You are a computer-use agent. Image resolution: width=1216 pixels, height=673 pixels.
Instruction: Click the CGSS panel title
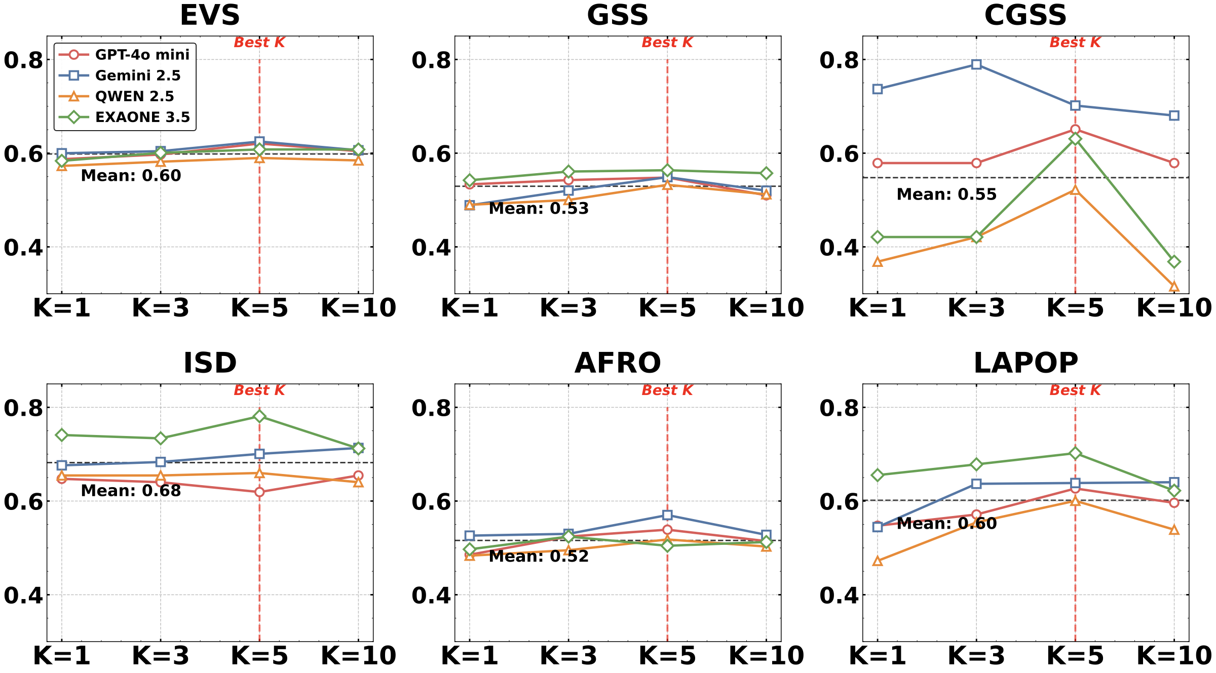point(1025,15)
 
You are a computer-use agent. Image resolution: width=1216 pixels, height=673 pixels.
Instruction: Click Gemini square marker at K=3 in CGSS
point(976,64)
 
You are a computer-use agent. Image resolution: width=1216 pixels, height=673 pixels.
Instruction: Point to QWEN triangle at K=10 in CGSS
point(1174,287)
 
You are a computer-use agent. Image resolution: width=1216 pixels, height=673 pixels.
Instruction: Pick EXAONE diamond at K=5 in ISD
point(259,416)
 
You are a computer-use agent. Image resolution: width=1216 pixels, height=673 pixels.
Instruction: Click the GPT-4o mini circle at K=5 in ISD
point(259,492)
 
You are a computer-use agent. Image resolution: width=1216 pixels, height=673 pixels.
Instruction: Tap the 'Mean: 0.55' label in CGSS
point(946,194)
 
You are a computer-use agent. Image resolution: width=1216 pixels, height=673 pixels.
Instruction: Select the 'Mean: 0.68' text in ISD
point(131,490)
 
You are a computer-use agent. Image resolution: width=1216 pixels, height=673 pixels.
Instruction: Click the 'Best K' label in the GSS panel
point(667,43)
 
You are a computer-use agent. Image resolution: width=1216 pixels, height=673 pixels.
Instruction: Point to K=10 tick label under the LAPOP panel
point(1174,656)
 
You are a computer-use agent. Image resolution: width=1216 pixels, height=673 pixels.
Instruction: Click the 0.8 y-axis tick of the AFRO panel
point(431,408)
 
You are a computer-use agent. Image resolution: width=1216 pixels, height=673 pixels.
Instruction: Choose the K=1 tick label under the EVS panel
point(62,308)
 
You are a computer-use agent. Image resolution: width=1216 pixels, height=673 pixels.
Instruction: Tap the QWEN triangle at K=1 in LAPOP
point(878,561)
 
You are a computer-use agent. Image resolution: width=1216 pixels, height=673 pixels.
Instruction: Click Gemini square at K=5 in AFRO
point(667,515)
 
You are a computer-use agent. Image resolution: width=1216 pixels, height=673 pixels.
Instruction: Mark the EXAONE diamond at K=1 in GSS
point(470,180)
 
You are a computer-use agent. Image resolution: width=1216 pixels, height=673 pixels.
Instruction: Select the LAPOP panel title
point(1025,363)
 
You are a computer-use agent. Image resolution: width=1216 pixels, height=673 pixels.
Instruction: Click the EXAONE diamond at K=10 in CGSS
point(1174,262)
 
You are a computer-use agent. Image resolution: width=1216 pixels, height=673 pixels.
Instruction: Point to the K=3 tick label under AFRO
point(568,656)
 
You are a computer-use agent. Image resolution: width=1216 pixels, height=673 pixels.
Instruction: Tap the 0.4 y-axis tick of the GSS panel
point(431,248)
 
